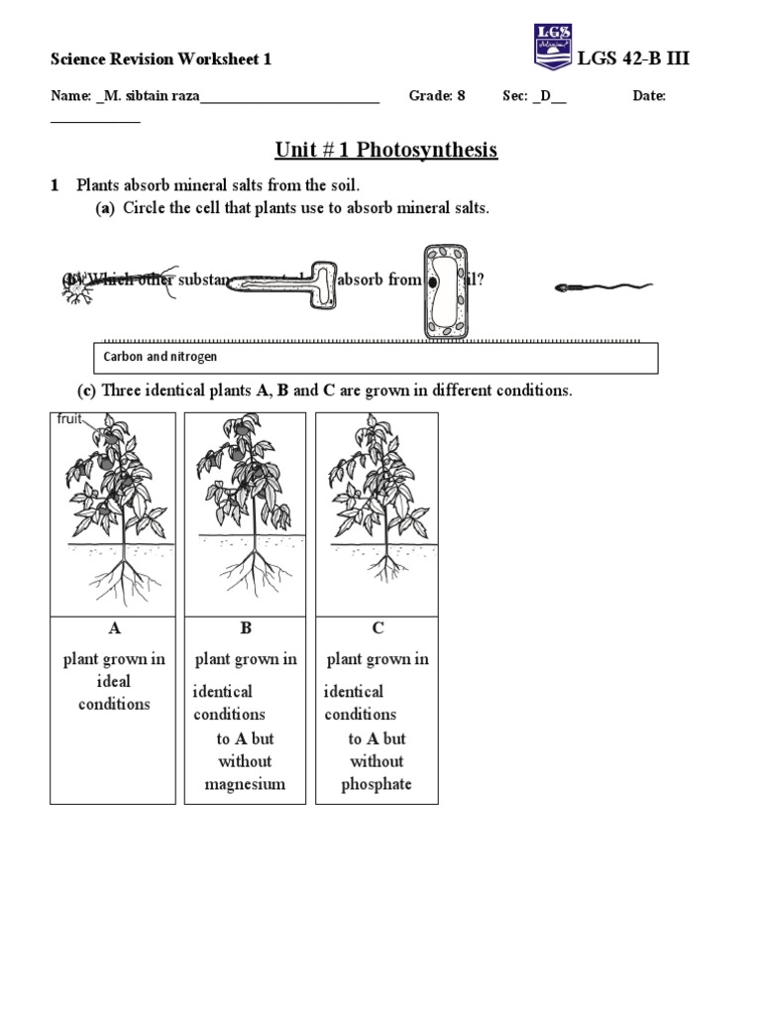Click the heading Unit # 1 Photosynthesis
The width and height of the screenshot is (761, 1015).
point(385,150)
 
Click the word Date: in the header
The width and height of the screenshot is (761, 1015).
point(649,96)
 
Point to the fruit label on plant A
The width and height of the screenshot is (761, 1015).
point(69,419)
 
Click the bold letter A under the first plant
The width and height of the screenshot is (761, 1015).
point(113,628)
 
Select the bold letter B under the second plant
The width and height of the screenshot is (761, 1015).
point(246,628)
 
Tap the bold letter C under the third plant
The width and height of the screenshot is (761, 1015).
point(378,628)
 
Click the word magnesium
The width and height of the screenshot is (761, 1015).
point(245,784)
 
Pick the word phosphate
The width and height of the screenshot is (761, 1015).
point(377,784)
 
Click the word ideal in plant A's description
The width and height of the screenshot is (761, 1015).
point(113,682)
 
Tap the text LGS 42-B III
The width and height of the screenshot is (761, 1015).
point(634,58)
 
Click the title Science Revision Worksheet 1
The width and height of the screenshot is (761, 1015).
point(162,59)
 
